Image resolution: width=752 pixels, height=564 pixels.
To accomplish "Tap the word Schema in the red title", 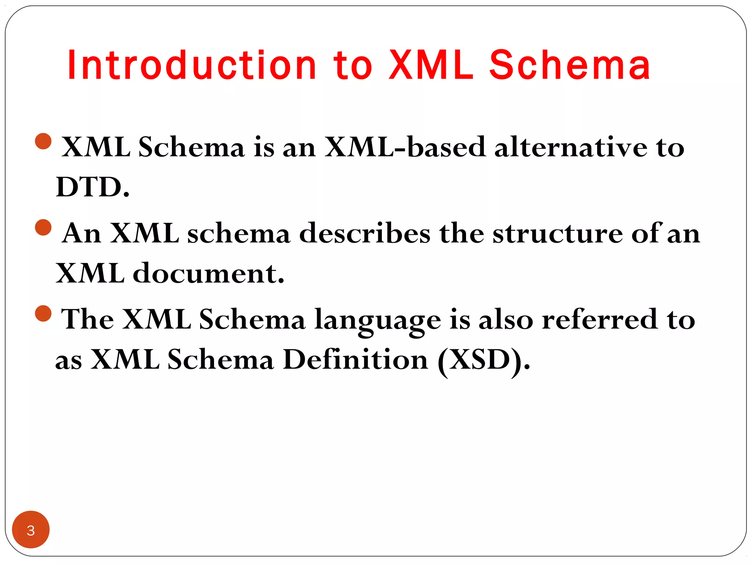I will coord(570,65).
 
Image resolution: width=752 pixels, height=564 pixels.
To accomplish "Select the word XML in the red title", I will coord(431,65).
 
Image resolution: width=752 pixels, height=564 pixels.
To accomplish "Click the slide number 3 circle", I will coord(31,529).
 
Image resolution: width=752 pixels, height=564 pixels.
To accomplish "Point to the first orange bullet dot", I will coord(43,141).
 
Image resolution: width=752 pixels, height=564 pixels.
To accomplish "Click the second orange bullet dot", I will coord(43,227).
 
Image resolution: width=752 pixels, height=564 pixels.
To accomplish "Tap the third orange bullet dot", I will coord(43,313).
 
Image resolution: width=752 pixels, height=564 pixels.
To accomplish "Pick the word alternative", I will coord(571,147).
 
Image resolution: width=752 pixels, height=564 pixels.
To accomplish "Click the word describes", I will coord(365,234).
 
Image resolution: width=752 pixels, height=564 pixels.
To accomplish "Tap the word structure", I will coord(557,234).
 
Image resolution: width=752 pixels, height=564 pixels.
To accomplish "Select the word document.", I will coord(208,274).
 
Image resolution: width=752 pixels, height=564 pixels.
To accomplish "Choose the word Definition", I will coord(355,359).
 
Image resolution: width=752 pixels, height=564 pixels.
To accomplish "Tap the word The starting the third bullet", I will coord(87,319).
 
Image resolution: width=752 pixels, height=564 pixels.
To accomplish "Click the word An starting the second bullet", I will coord(82,234).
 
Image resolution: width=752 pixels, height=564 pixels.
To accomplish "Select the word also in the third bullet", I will coord(506,319).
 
